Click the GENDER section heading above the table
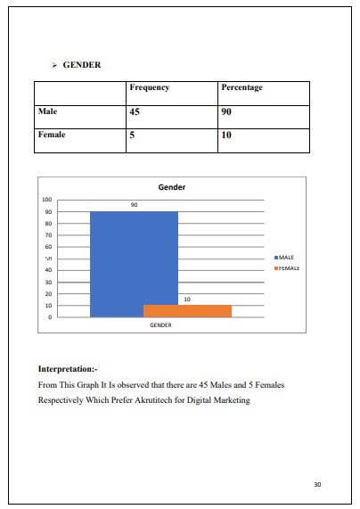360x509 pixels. click(x=81, y=65)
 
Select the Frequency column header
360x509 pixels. click(x=149, y=88)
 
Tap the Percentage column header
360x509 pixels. click(x=241, y=88)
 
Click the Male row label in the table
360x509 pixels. click(x=47, y=112)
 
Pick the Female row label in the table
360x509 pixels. click(x=52, y=135)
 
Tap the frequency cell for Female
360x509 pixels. click(x=133, y=136)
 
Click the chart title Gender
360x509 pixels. click(x=171, y=188)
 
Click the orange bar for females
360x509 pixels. click(x=187, y=311)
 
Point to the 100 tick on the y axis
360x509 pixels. click(x=47, y=200)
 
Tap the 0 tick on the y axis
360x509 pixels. click(x=50, y=316)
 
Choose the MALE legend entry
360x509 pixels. click(x=285, y=257)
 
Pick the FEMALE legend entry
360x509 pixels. click(x=287, y=267)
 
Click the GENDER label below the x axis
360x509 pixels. click(x=160, y=325)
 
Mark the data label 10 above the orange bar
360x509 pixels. click(x=186, y=300)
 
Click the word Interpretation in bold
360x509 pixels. click(x=68, y=368)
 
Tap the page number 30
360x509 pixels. click(x=318, y=484)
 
